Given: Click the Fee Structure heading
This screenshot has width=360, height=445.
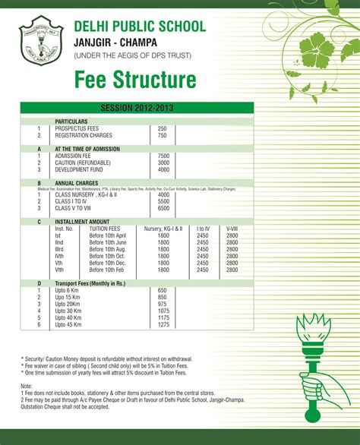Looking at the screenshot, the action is pos(134,80).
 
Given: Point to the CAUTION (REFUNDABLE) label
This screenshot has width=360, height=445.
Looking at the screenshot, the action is pos(84,163).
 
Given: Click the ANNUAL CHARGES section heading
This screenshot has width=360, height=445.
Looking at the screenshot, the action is pos(77,183).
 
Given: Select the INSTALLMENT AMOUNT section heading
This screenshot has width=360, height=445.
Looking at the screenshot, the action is pos(84,221).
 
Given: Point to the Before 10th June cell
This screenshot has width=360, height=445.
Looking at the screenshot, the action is pos(108,242).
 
